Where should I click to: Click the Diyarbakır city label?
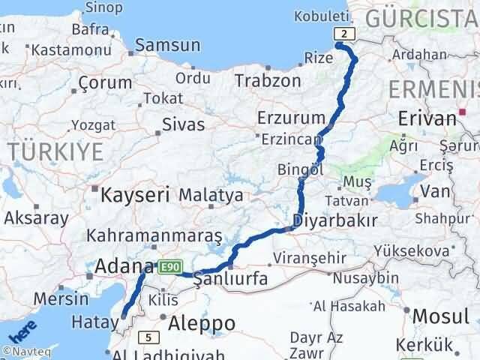334,221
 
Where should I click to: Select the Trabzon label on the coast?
268,80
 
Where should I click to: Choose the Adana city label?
124,265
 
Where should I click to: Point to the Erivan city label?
427,118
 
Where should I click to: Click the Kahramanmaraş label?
155,235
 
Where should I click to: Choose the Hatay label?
89,322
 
